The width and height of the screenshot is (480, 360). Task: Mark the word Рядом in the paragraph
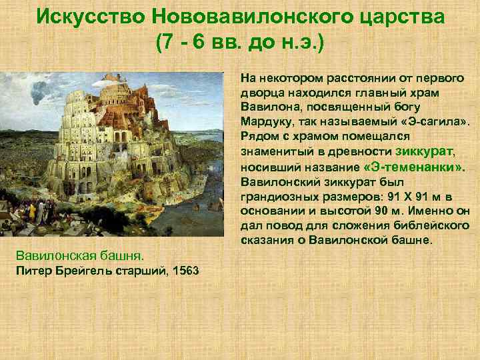click(x=259, y=137)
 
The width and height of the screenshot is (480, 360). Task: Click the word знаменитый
click(x=276, y=152)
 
